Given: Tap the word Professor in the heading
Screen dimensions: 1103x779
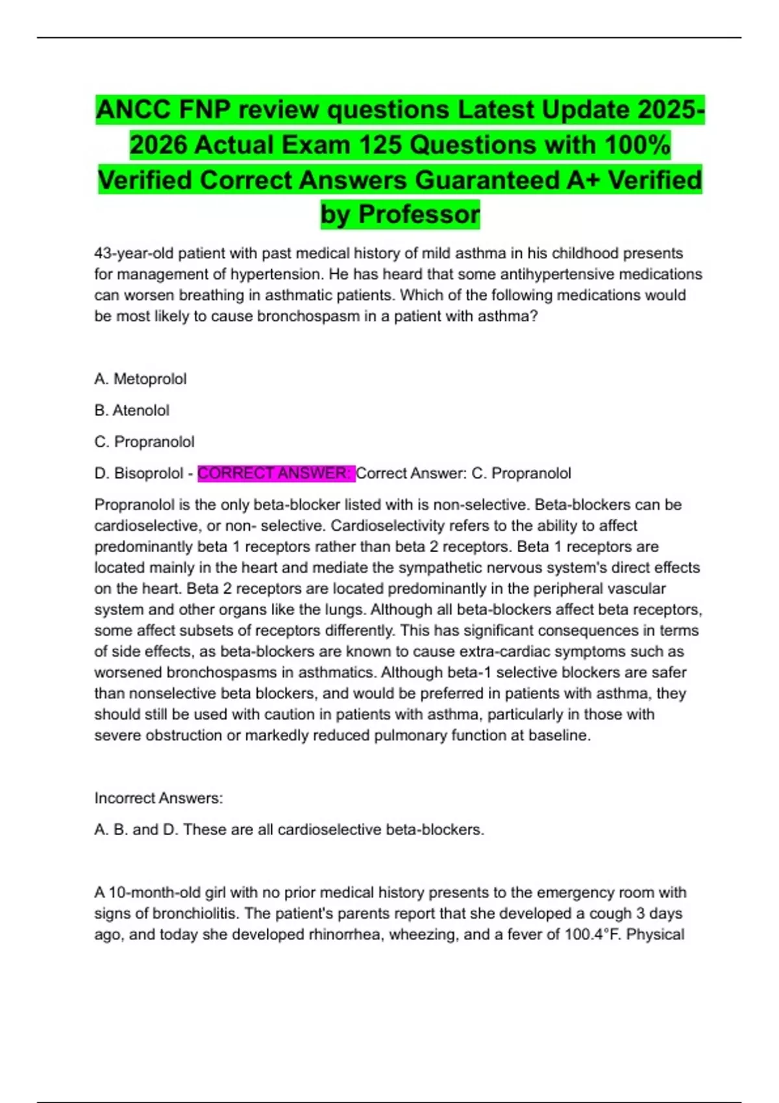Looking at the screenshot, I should (419, 215).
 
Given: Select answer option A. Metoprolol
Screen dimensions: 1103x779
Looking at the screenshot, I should (140, 379).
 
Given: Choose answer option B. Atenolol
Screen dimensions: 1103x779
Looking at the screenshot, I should (132, 411).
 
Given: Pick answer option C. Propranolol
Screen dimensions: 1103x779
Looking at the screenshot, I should (144, 442).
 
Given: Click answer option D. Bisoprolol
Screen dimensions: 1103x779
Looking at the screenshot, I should (139, 474).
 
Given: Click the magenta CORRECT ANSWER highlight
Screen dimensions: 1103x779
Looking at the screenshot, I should (275, 474).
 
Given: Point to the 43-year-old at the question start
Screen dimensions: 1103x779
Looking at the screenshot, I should (134, 253).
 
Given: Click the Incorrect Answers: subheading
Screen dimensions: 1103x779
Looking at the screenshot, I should (158, 798).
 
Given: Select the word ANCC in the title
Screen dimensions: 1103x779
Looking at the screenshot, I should (132, 110).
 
